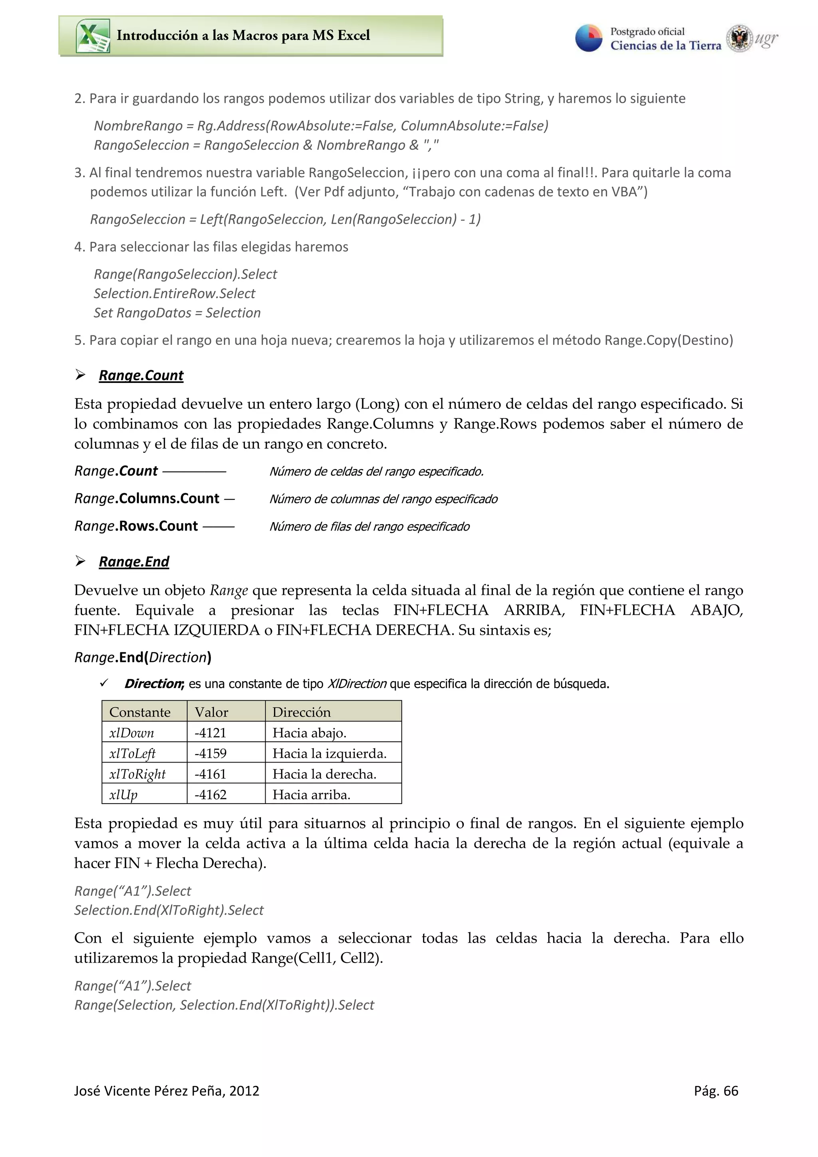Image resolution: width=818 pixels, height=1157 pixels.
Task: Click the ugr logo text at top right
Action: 766,38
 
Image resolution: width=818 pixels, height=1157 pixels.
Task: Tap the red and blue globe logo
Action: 588,38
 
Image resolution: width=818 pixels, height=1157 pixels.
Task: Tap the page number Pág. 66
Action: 716,1091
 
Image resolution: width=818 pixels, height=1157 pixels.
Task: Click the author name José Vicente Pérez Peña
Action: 166,1091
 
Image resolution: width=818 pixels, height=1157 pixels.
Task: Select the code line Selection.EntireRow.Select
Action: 175,293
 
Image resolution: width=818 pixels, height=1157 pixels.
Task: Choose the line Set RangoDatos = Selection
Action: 177,313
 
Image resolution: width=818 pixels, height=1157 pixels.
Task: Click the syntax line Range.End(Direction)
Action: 143,657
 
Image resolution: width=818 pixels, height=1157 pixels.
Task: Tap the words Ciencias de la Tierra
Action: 665,46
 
